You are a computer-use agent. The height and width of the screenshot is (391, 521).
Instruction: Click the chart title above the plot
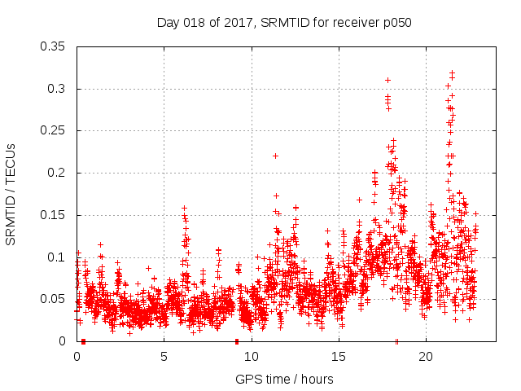(284, 23)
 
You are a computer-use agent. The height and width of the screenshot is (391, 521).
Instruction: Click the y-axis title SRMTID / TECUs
(11, 194)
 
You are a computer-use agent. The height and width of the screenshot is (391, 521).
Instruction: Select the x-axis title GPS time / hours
(284, 379)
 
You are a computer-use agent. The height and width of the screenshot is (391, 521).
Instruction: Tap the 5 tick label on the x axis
(164, 357)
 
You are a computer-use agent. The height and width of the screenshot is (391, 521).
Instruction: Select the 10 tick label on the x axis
(251, 357)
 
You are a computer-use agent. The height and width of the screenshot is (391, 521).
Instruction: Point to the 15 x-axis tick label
(338, 357)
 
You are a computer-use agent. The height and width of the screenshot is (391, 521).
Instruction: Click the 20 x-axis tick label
(425, 357)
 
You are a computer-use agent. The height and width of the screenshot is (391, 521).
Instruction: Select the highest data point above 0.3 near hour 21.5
(452, 72)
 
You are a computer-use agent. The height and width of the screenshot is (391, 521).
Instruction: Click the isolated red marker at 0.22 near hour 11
(275, 156)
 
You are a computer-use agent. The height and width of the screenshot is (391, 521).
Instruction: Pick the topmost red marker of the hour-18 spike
(387, 80)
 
